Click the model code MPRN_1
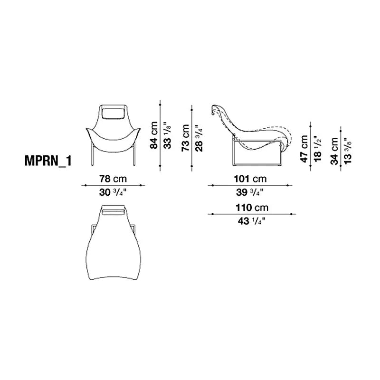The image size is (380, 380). [48, 161]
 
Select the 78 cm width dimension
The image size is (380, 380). [113, 179]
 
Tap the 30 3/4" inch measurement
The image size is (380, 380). [113, 192]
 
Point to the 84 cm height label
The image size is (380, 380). [154, 135]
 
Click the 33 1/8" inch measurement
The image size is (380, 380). [167, 135]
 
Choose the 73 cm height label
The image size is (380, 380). [185, 138]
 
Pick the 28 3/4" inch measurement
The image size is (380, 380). [199, 138]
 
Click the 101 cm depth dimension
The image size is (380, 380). [250, 179]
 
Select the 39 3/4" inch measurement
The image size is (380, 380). [250, 192]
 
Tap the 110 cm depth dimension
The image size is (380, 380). [252, 208]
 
